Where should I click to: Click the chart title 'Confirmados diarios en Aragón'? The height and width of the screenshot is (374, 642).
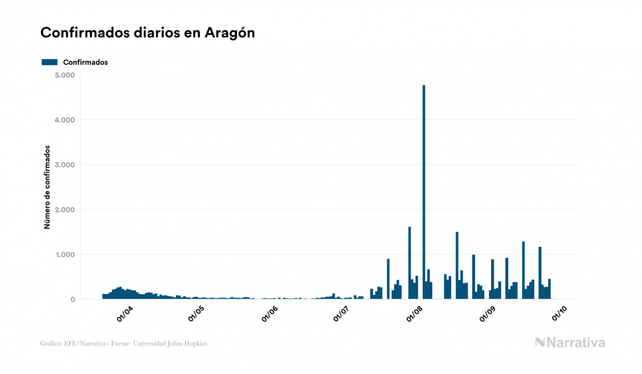[148, 33]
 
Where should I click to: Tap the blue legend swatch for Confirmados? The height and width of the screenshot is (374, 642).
[49, 62]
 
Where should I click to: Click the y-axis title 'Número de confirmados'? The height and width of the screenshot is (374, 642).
[48, 188]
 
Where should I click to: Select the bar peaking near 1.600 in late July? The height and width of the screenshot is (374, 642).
[410, 263]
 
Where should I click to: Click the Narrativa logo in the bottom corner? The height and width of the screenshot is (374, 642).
[570, 343]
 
